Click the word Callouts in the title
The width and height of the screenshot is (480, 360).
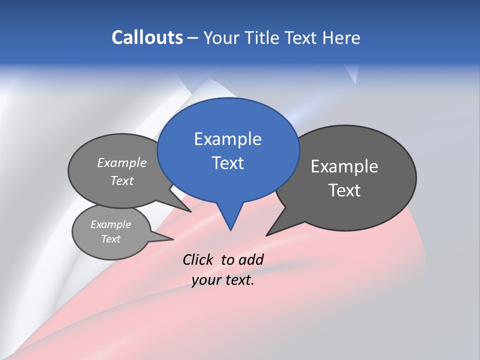(x=147, y=37)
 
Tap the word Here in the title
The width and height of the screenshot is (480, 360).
(x=342, y=37)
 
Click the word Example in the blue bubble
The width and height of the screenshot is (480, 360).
(x=227, y=139)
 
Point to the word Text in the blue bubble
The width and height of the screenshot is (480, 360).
(x=227, y=163)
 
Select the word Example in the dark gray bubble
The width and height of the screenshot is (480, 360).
(x=344, y=166)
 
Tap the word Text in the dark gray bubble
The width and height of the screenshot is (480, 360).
(x=344, y=190)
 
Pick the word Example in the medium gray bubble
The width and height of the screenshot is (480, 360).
(x=122, y=162)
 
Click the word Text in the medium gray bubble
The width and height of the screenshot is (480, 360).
(x=122, y=180)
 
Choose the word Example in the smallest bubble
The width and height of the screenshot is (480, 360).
(x=110, y=224)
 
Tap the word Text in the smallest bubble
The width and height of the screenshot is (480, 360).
(x=110, y=239)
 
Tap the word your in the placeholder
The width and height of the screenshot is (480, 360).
(x=205, y=280)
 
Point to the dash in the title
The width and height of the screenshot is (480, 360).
(x=193, y=38)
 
